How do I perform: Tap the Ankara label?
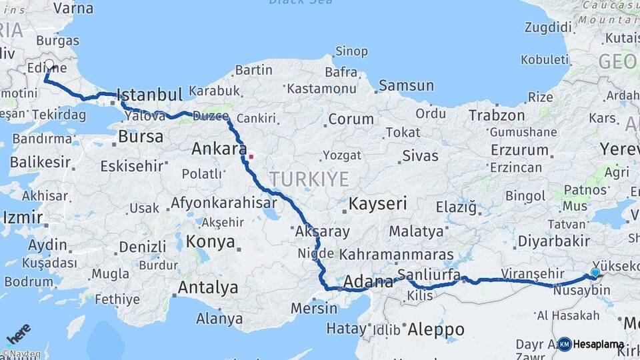pos(219,149)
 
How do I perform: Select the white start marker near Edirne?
pos(49,65)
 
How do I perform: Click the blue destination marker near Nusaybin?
pos(595,273)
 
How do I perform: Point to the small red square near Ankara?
pos(251,157)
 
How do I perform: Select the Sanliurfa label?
pos(429,275)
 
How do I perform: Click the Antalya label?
pos(208,288)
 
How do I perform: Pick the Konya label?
pos(211,241)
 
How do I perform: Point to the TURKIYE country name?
pos(309,179)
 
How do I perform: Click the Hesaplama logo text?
pos(598,345)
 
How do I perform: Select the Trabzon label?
pos(497,115)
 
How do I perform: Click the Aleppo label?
pos(435,329)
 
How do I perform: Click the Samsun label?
pos(406,86)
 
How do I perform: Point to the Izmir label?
pos(23,218)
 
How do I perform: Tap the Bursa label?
pos(141,137)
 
